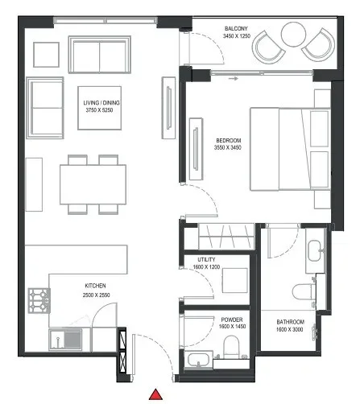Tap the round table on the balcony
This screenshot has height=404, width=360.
[292, 33]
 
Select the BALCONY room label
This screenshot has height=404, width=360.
[236, 28]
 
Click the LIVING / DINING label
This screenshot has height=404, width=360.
[101, 103]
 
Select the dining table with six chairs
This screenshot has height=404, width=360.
[93, 184]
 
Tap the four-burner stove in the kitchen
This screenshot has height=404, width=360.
[39, 299]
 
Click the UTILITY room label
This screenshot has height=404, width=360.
[207, 259]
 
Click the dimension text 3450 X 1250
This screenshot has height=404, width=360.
[236, 37]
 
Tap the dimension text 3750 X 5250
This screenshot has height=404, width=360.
[101, 111]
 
